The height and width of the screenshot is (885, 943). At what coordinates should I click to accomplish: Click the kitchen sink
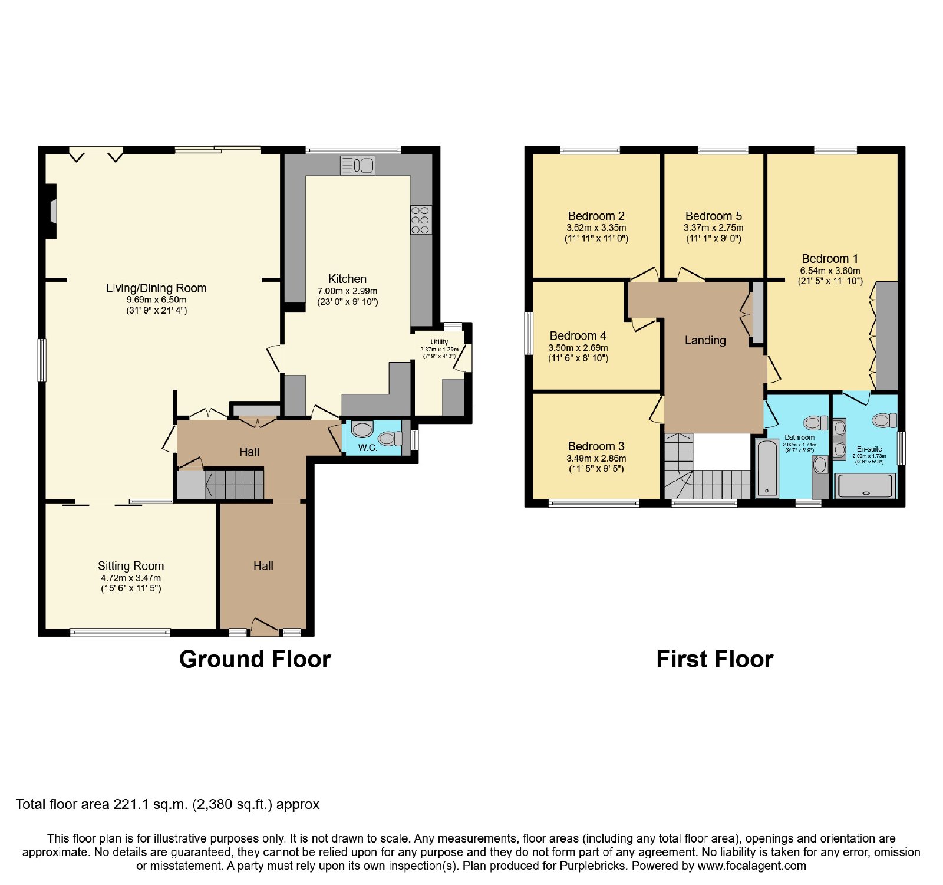pos(357,165)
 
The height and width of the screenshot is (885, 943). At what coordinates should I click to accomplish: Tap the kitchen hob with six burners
pos(421,220)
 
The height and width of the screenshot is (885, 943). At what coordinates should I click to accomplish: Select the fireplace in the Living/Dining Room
pos(51,212)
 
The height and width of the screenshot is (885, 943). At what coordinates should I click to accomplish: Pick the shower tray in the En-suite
pos(865,486)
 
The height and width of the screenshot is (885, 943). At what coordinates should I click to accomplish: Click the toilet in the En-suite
pos(884,420)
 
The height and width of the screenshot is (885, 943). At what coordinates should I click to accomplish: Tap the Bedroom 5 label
pos(714,216)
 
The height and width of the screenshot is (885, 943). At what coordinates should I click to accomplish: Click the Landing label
pos(705,340)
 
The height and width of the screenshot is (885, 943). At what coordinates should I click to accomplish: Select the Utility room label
pos(439,342)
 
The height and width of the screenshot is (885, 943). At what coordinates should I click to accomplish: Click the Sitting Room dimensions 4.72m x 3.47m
pos(131,578)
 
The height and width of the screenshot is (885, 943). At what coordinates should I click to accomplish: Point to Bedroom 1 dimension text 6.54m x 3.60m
pos(830,271)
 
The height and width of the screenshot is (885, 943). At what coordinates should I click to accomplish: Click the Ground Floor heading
pos(255,659)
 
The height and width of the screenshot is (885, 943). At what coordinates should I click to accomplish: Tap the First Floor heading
pos(715,659)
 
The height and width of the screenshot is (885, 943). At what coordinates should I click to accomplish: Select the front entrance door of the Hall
pos(265,627)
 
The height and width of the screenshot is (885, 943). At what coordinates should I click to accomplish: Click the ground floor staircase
pos(234,484)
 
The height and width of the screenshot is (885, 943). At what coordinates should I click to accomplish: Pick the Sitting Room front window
pos(120,633)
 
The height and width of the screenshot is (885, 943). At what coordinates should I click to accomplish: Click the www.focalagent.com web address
pos(752,866)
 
